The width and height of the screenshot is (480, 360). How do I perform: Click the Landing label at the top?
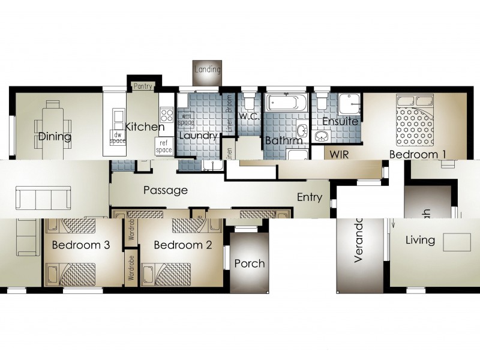(x=207, y=70)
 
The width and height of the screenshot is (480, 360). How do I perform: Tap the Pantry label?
(x=143, y=86)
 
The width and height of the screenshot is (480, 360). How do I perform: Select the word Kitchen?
(x=145, y=127)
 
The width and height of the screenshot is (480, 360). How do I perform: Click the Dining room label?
(x=55, y=137)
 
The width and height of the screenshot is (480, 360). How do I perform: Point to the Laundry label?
(x=198, y=136)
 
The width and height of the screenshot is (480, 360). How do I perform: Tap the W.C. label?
(x=249, y=116)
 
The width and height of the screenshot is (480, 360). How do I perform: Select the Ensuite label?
(x=340, y=121)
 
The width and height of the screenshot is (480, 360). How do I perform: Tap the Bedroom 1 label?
(x=418, y=154)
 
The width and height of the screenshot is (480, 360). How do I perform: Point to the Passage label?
(x=166, y=190)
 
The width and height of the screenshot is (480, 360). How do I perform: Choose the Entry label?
(x=310, y=197)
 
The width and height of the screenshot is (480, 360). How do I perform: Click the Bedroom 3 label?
(x=80, y=245)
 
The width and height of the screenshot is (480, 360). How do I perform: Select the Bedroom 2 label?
(x=183, y=245)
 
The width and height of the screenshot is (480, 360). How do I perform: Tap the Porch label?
(x=249, y=263)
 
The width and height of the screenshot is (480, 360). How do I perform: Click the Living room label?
(x=420, y=240)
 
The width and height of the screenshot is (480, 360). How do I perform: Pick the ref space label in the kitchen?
(x=164, y=146)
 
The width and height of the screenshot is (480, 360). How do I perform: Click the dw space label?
(x=117, y=137)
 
